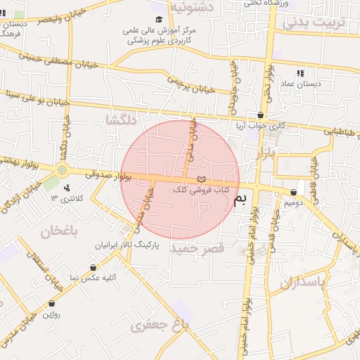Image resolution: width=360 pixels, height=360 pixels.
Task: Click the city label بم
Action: point(240,201)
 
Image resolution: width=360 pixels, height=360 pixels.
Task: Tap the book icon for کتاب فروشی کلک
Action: point(202,179)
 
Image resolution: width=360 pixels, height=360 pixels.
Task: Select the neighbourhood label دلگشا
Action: point(120,120)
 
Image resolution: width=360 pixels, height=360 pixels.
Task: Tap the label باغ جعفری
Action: point(160,325)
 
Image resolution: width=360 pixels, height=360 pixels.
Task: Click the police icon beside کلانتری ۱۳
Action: point(67,188)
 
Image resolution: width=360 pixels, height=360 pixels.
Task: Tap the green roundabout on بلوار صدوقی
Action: point(63,169)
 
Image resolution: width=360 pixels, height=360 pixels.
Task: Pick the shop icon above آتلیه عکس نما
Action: point(94,267)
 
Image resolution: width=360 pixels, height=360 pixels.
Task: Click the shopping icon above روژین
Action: point(51,304)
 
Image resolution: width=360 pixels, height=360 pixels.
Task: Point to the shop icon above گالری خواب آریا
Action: point(261,115)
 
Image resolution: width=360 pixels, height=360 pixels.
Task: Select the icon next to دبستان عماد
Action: point(300,73)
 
